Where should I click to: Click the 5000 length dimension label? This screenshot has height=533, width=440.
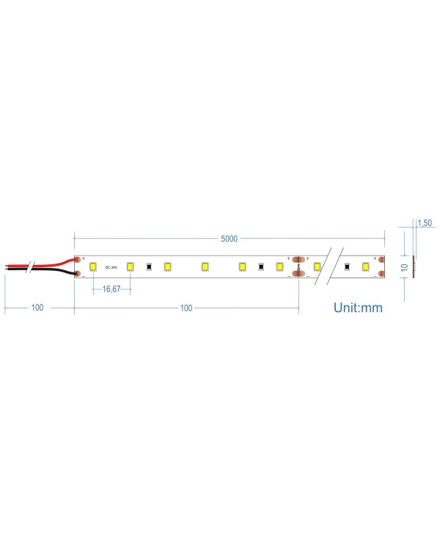pos(230,239)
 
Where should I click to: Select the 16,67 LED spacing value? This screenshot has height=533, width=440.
pos(111,289)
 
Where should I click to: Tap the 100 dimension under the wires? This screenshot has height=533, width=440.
pos(37,308)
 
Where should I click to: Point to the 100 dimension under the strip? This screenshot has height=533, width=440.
pos(186,308)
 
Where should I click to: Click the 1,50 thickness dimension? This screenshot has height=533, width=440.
pos(425,222)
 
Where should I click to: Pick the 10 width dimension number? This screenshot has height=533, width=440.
pos(404,266)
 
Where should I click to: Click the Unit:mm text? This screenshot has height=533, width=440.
pos(358,308)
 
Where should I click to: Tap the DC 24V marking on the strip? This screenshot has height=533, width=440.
pos(111,266)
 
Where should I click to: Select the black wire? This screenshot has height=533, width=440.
pos(51,271)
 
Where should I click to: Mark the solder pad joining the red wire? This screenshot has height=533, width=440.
pos(77,259)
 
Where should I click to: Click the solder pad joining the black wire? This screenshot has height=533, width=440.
pos(77,274)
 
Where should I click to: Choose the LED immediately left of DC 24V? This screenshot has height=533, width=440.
pos(93,266)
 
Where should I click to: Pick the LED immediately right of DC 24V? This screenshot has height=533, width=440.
pos(130,266)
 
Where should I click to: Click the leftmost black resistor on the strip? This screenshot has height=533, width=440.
pos(149,266)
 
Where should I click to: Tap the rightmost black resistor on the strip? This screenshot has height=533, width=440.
pos(345,266)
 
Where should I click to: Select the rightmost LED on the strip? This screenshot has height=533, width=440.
pos(364,266)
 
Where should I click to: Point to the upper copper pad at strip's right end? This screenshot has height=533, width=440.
pos(381,259)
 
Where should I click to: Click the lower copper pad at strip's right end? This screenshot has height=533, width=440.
pos(381,274)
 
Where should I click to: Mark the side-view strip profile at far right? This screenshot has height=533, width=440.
pos(414,266)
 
